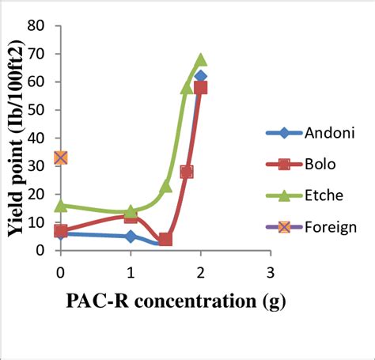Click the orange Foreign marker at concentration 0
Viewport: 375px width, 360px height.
(61, 157)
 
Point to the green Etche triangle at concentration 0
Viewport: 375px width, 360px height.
(61, 206)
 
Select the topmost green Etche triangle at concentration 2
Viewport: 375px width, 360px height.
(201, 59)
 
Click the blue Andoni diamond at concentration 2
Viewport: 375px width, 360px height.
(200, 77)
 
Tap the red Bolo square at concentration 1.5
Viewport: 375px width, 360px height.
(165, 240)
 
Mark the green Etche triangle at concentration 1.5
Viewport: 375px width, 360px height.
(166, 186)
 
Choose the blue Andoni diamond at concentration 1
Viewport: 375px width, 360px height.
(131, 237)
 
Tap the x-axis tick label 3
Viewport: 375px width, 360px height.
(271, 273)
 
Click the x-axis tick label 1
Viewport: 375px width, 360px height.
(131, 273)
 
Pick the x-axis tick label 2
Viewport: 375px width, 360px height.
(201, 273)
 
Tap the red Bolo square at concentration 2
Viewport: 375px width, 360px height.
(201, 88)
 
